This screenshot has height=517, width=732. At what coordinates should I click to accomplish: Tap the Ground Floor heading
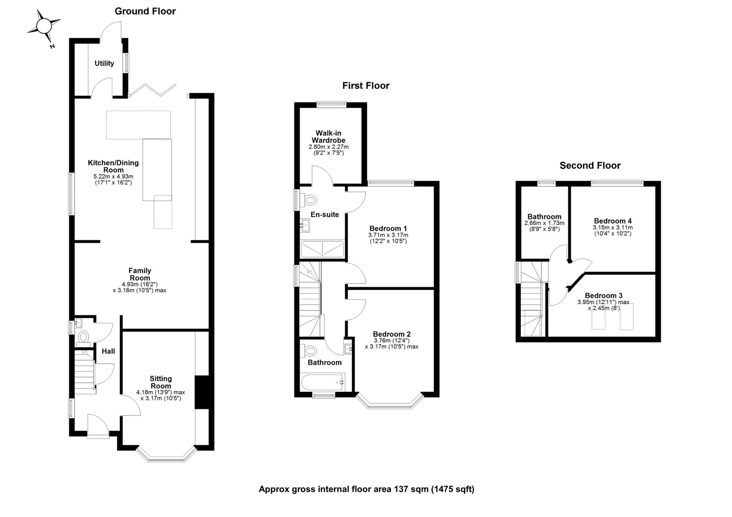[145, 11]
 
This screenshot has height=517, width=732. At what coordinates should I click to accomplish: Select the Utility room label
[104, 63]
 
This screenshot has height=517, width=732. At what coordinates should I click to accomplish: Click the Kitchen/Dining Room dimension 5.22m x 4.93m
[113, 176]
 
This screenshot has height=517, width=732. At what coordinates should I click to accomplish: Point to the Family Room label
[140, 274]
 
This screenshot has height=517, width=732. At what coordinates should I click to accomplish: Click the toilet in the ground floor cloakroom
[83, 336]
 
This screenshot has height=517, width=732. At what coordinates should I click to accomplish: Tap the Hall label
[108, 351]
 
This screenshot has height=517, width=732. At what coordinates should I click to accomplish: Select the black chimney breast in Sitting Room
[202, 392]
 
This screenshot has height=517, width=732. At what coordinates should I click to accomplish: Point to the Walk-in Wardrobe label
[328, 137]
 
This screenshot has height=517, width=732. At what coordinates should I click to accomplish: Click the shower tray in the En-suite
[322, 249]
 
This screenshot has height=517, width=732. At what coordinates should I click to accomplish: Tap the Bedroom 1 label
[388, 229]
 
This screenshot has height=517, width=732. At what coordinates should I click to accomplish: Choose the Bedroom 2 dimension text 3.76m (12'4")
[391, 340]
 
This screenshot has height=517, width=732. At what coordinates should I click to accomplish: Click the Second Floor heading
[590, 165]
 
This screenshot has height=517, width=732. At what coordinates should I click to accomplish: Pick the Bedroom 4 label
[612, 221]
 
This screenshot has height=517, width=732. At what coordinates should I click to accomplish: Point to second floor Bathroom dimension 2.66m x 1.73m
[544, 223]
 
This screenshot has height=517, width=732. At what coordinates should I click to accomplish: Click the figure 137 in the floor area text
[401, 489]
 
